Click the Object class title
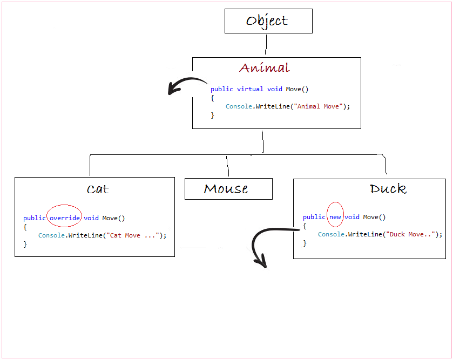coord(267,21)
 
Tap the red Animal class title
coord(265,67)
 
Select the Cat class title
coord(98,189)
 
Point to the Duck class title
coord(388,188)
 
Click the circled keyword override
coord(65,218)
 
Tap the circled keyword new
coord(335,217)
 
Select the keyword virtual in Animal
coord(250,89)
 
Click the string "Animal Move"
coord(318,106)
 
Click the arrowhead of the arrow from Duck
coord(261,262)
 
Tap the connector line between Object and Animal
coord(266,44)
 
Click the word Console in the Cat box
coord(51,235)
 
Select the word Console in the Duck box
coord(331,234)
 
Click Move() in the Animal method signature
coord(298,89)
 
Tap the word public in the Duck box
coord(314,217)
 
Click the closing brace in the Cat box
coord(25,244)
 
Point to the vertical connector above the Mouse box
coord(228,166)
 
